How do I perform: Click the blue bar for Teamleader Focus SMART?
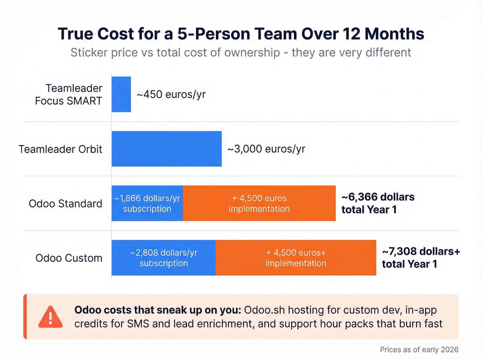pyautogui.click(x=121, y=94)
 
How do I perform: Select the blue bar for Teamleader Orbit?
pyautogui.click(x=167, y=149)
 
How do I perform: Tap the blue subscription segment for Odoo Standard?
pyautogui.click(x=147, y=203)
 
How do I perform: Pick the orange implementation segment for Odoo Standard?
pyautogui.click(x=259, y=203)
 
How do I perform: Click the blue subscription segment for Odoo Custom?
pyautogui.click(x=164, y=258)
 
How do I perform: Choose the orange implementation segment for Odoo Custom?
pyautogui.click(x=296, y=258)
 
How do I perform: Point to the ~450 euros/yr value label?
pyautogui.click(x=171, y=94)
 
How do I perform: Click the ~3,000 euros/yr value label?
pyautogui.click(x=266, y=149)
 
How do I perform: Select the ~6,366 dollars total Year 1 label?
pyautogui.click(x=378, y=203)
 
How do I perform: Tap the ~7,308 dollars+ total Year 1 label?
pyautogui.click(x=421, y=258)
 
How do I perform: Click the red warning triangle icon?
pyautogui.click(x=51, y=317)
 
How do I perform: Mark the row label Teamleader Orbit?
pyautogui.click(x=61, y=149)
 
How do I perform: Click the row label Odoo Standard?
pyautogui.click(x=65, y=204)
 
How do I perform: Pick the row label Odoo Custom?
pyautogui.click(x=69, y=258)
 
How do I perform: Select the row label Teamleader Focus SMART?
pyautogui.click(x=69, y=94)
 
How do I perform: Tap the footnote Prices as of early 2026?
pyautogui.click(x=419, y=350)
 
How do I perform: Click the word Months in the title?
pyautogui.click(x=394, y=34)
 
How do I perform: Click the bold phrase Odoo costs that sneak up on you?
pyautogui.click(x=158, y=310)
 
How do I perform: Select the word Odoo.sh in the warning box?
pyautogui.click(x=264, y=310)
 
